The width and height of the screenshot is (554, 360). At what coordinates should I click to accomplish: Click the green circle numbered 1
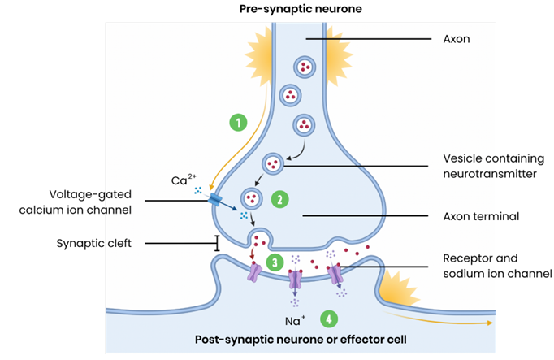point(238,123)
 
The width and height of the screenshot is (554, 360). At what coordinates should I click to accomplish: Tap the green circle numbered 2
point(278,198)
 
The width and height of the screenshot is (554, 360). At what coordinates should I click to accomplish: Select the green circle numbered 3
point(275,262)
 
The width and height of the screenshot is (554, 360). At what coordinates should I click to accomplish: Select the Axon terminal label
point(481,216)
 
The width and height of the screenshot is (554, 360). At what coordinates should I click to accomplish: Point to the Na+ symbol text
point(295,319)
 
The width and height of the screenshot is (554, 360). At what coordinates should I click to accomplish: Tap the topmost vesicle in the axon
point(305,67)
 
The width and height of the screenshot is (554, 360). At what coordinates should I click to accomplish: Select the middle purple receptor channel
point(294,280)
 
